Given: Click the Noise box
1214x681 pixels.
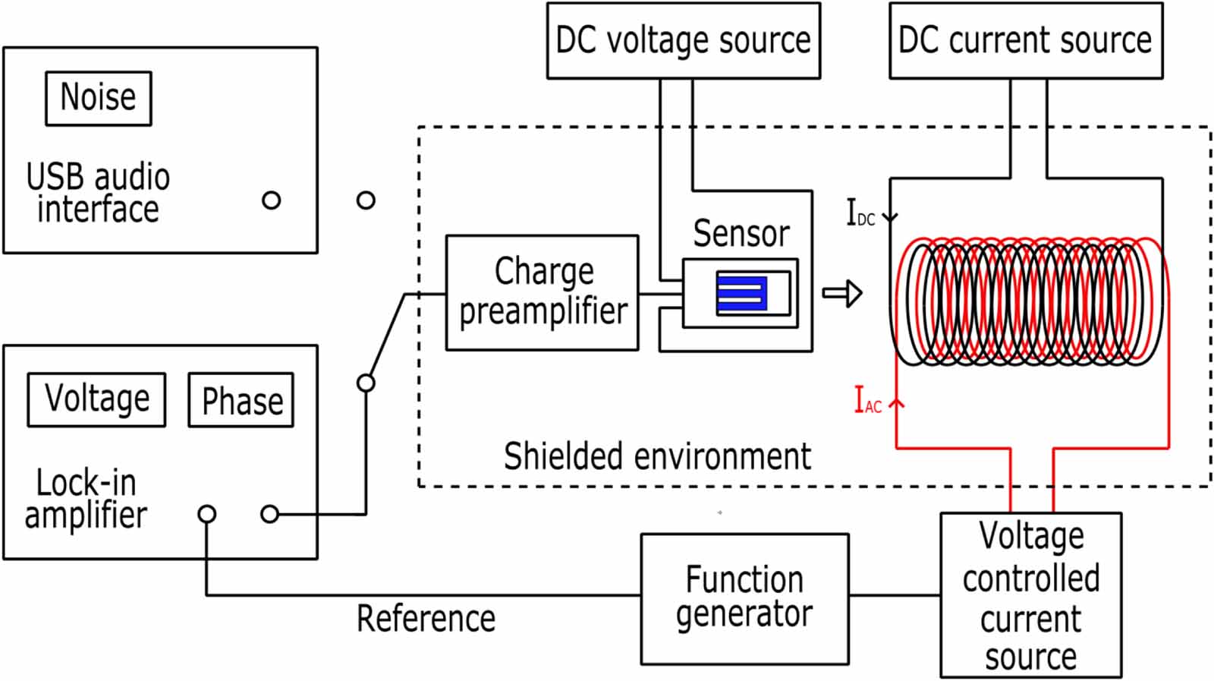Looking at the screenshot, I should click(99, 98).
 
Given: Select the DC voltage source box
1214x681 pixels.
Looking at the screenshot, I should click(683, 40).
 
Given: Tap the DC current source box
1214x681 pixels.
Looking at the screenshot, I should click(1025, 40).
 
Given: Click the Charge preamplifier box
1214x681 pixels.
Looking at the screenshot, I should click(542, 292).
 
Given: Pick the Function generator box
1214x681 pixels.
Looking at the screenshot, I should click(744, 598).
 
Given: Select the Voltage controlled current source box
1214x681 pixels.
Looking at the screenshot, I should click(1030, 595).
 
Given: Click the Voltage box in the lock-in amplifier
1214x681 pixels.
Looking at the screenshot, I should click(96, 399).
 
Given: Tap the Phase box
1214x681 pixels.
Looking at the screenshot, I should click(241, 400).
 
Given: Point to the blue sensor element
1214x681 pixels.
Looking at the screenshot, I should click(741, 294).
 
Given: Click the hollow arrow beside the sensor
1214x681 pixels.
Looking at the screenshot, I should click(842, 293).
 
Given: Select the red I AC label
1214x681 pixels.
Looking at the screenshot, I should click(867, 401).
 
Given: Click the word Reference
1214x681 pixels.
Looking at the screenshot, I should click(426, 619).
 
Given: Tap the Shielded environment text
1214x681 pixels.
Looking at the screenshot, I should click(657, 457).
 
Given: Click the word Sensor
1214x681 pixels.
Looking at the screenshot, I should click(741, 233).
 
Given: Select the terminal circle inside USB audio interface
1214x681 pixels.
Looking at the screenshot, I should click(271, 200).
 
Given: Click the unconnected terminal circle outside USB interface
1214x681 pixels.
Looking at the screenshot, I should click(366, 200).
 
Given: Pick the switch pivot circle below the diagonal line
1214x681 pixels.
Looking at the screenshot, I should click(366, 383).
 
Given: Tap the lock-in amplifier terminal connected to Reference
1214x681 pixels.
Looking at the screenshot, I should click(206, 514).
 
